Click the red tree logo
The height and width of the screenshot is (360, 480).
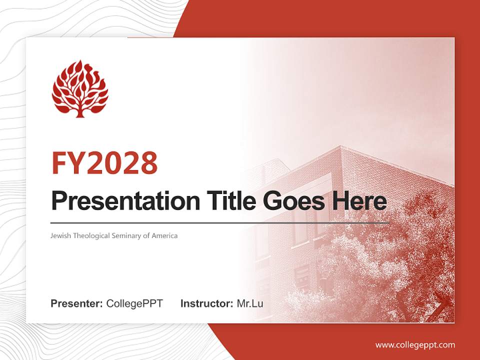pyautogui.click(x=80, y=89)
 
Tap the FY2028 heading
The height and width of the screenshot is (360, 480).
pyautogui.click(x=104, y=163)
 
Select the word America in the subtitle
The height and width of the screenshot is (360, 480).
pyautogui.click(x=164, y=235)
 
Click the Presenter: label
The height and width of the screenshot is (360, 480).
pyautogui.click(x=77, y=303)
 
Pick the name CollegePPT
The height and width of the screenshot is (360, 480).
pyautogui.click(x=134, y=303)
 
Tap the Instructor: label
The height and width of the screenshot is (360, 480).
pyautogui.click(x=206, y=303)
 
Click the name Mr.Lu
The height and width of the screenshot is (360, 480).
pyautogui.click(x=250, y=303)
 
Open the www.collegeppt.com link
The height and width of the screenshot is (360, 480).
pyautogui.click(x=415, y=344)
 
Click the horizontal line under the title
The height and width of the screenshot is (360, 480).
pyautogui.click(x=220, y=222)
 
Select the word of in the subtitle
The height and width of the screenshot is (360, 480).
pyautogui.click(x=146, y=235)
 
